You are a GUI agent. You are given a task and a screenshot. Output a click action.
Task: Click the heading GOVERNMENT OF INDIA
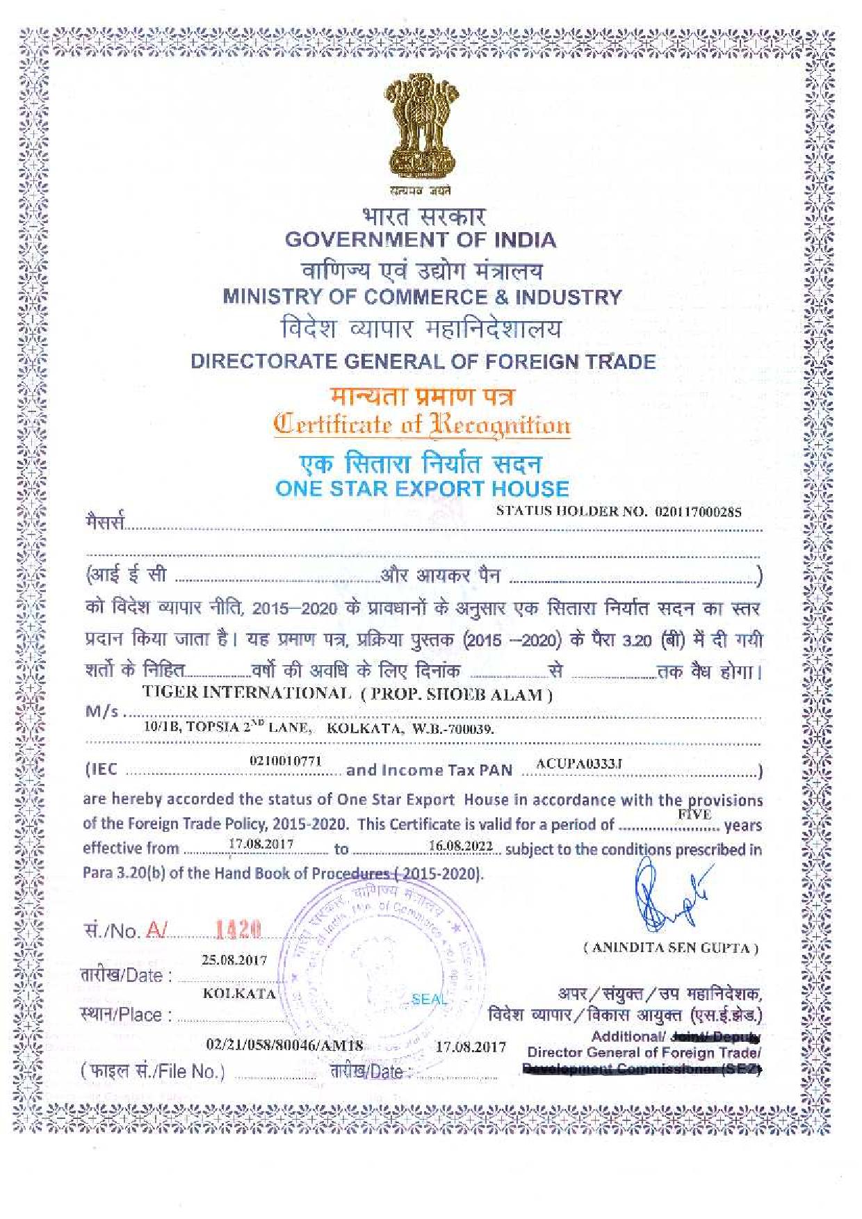click(421, 240)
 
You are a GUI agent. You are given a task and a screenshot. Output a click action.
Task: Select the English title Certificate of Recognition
click(422, 425)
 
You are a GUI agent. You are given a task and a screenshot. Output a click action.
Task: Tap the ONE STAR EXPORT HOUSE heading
click(422, 489)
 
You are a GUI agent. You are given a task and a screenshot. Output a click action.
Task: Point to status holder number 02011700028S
click(698, 512)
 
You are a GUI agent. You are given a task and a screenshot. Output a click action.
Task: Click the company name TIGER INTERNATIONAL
click(247, 693)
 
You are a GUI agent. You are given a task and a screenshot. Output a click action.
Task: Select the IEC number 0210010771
click(286, 761)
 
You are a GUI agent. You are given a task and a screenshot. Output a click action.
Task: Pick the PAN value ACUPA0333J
click(579, 764)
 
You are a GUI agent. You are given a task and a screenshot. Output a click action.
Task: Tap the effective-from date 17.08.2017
click(261, 844)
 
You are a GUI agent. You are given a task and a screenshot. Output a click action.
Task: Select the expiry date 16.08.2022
click(460, 846)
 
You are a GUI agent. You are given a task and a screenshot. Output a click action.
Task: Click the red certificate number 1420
click(238, 929)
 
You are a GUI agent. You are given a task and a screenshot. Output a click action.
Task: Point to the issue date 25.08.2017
click(234, 960)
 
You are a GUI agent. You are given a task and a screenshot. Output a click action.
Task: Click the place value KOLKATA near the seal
click(239, 994)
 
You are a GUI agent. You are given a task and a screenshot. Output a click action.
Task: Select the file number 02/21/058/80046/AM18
click(284, 1045)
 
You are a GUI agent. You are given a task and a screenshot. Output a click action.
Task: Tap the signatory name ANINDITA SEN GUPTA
click(671, 947)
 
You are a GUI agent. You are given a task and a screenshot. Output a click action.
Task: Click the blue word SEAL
click(429, 999)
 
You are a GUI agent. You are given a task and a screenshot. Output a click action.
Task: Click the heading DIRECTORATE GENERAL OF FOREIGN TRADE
click(423, 361)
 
